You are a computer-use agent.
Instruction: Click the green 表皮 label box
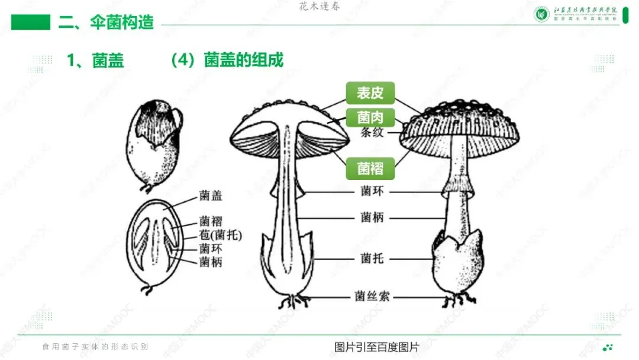370,93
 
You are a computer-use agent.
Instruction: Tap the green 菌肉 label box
370,117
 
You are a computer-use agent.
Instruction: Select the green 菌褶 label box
370,169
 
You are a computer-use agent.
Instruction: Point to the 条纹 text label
372,132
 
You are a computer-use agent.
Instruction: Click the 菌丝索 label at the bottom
372,296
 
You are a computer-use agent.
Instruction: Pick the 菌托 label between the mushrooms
372,258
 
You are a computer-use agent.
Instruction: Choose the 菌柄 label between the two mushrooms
372,217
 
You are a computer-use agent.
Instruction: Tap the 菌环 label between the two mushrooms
372,191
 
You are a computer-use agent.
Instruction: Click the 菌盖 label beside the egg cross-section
211,195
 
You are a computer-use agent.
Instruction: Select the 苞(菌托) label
221,235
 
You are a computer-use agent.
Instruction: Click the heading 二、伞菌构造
106,22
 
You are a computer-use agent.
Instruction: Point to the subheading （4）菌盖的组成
227,60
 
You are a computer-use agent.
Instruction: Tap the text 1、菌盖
95,60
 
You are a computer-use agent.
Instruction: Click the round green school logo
542,14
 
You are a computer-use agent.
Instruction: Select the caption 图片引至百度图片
376,347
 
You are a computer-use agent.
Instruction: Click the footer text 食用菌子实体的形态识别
95,347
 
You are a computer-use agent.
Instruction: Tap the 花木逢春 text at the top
320,7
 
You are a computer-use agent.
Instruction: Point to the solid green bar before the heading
31,22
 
